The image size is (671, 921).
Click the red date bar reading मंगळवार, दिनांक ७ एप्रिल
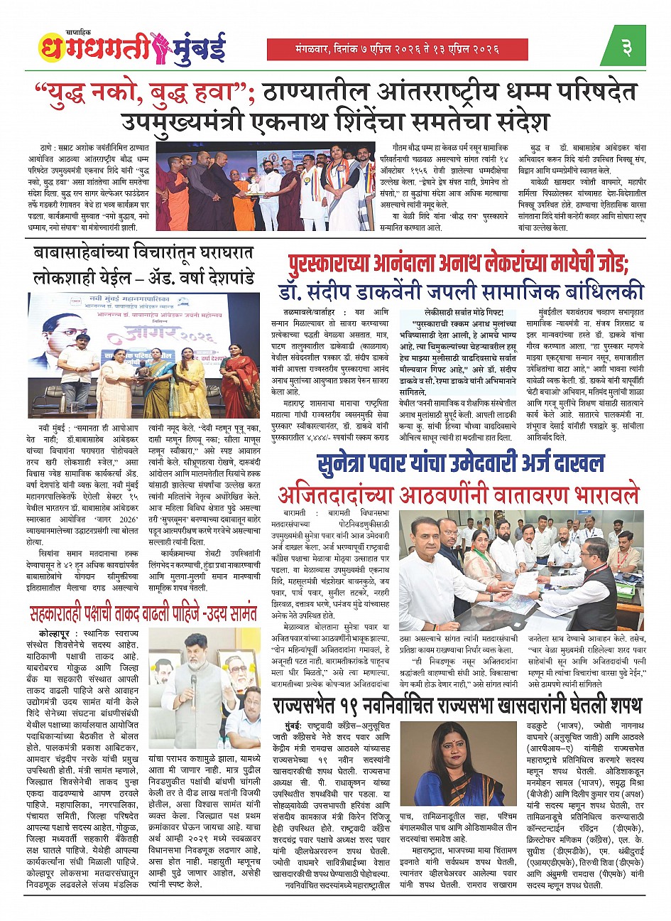[397, 49]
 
